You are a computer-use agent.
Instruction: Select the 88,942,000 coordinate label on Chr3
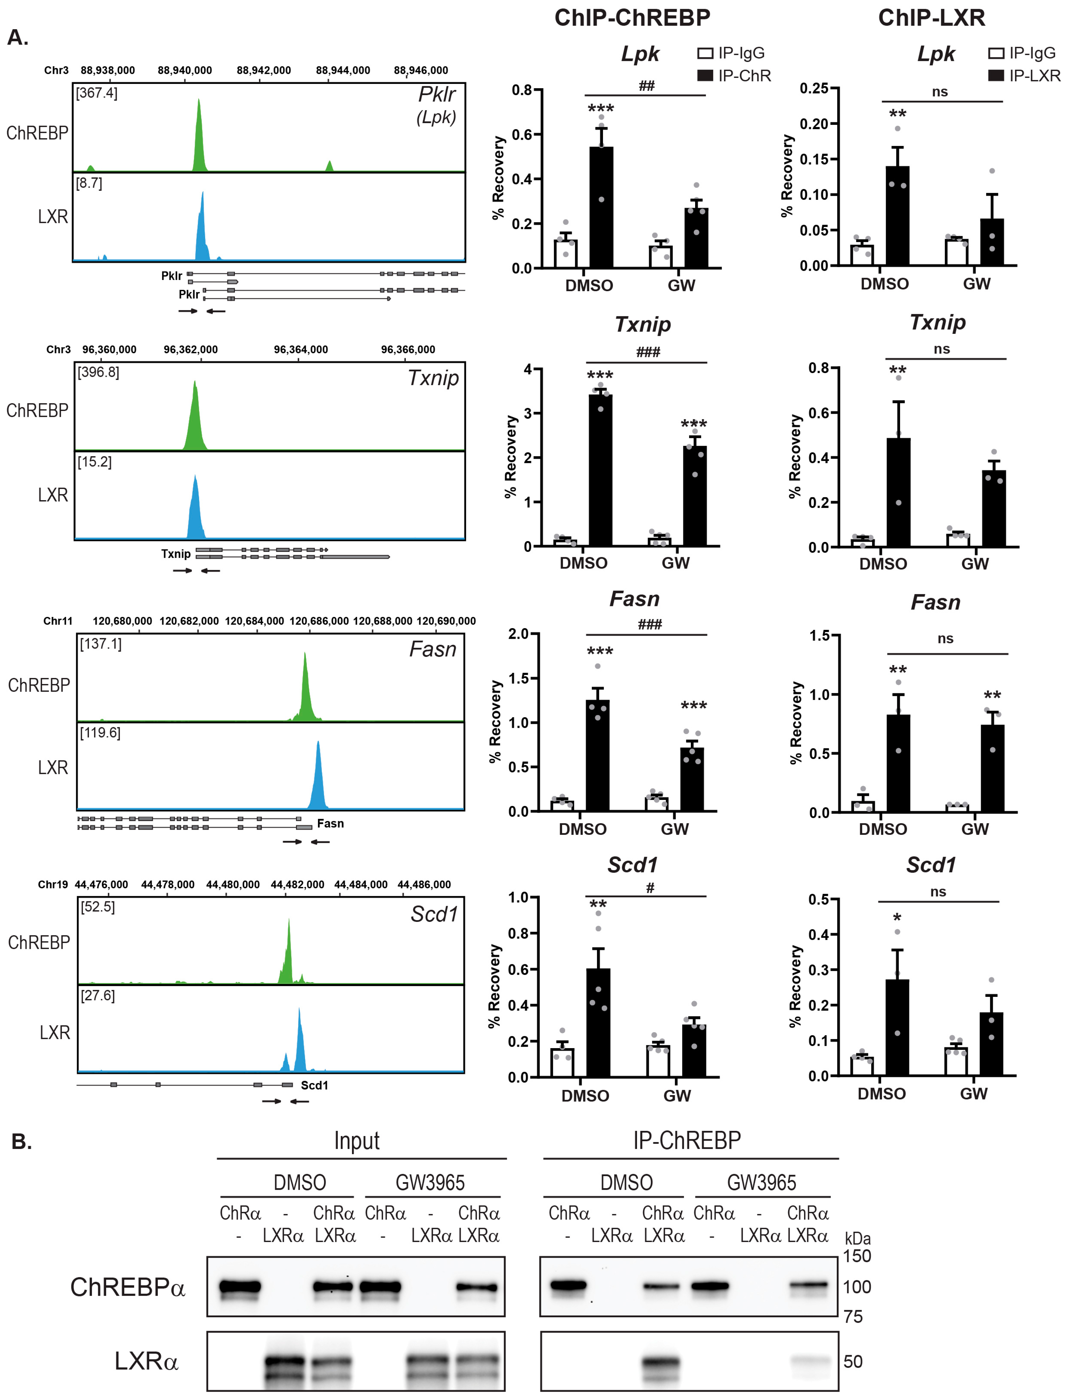point(264,70)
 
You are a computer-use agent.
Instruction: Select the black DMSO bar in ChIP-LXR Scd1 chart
point(897,1027)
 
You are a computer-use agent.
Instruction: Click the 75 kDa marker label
point(853,1317)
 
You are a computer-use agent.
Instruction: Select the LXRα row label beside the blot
point(146,1361)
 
